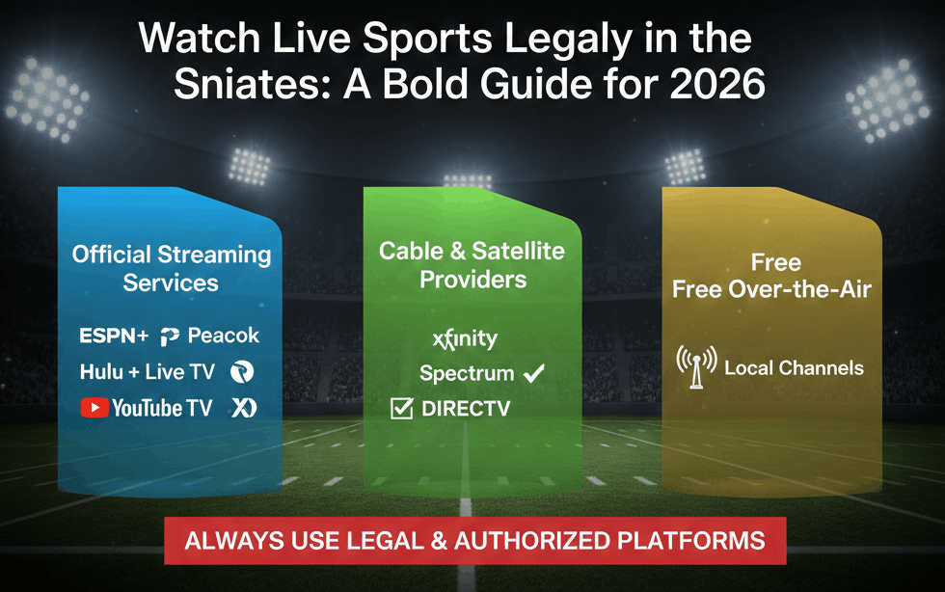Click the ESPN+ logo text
114,336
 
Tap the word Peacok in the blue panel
223,336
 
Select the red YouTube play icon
94,408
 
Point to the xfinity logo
465,338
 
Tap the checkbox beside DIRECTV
401,409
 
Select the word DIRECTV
466,409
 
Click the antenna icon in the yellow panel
696,367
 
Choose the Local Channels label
794,367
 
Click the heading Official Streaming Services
172,269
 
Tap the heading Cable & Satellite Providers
472,265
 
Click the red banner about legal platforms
474,540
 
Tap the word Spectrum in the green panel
466,372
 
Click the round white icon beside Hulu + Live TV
241,372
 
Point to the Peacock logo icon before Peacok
171,336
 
